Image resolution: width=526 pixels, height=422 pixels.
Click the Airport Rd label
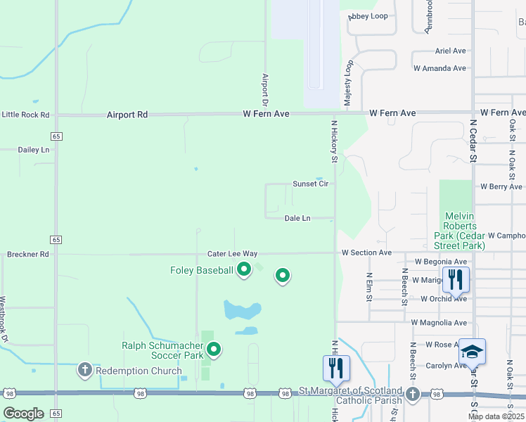tap(127, 114)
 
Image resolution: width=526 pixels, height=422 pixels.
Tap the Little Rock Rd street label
tap(25, 115)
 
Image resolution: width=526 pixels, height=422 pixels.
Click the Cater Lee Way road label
tap(232, 253)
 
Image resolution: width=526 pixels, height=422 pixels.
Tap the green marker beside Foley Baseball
tap(244, 269)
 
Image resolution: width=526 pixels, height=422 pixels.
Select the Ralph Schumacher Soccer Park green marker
tap(214, 347)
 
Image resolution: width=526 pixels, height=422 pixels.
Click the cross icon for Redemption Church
tap(84, 369)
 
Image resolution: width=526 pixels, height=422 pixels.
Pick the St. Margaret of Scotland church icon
tap(413, 394)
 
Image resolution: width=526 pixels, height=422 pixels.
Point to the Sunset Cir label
tap(310, 184)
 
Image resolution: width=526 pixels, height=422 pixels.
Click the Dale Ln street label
tap(297, 219)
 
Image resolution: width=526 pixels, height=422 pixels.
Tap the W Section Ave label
tap(366, 252)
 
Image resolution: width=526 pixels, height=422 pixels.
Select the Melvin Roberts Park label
tap(461, 231)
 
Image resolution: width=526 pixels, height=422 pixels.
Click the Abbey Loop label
tap(368, 16)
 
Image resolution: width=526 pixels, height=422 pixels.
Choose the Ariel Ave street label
tap(451, 51)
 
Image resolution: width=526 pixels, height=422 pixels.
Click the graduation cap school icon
tap(473, 350)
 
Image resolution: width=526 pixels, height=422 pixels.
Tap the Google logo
tap(24, 414)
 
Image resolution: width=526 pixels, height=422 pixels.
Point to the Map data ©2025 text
tap(495, 416)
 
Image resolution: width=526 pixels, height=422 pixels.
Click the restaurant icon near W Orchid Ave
tap(456, 279)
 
